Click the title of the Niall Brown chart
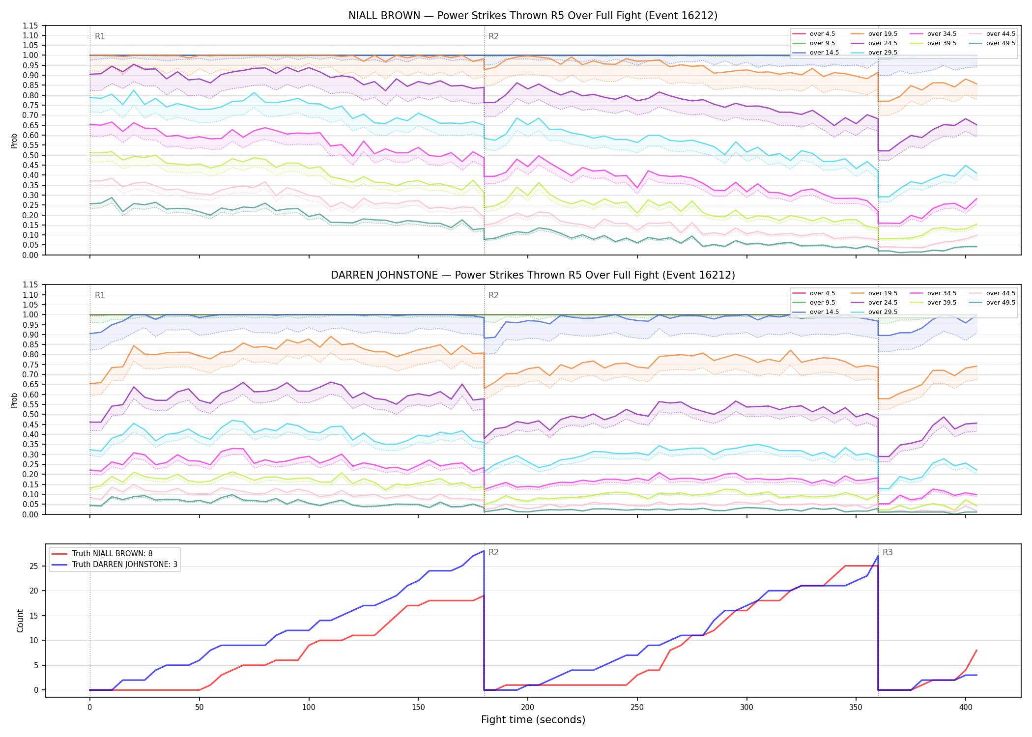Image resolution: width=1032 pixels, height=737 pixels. click(533, 16)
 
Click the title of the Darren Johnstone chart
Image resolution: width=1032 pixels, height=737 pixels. click(533, 275)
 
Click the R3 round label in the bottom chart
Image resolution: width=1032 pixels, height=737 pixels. click(888, 552)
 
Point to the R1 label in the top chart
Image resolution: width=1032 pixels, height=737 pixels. click(100, 36)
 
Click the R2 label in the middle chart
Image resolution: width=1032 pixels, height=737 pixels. click(493, 295)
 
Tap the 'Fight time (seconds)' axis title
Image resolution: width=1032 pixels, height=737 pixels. click(533, 720)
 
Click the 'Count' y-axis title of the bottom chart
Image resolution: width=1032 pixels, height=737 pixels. click(20, 621)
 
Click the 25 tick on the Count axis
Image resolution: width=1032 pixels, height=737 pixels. click(34, 566)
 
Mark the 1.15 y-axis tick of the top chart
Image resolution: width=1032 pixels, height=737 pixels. click(30, 26)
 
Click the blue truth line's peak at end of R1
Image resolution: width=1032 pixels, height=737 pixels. click(484, 551)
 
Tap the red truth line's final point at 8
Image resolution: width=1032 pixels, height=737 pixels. click(976, 650)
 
